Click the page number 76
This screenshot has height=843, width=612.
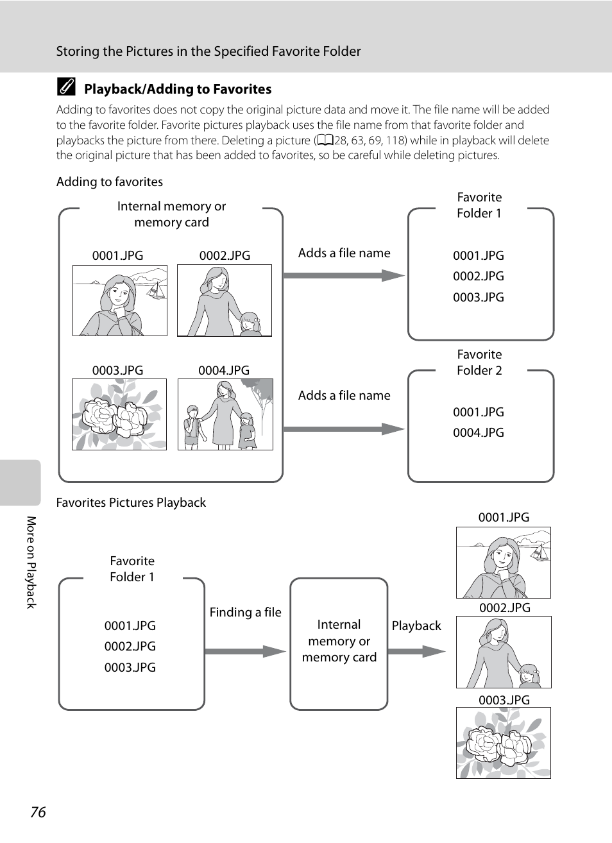pos(38,812)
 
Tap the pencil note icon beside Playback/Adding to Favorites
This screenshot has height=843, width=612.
pos(65,87)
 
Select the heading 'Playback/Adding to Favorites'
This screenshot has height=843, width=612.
pos(178,89)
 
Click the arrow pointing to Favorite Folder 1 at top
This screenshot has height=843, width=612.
pos(344,276)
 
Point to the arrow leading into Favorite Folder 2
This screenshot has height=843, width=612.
pos(344,429)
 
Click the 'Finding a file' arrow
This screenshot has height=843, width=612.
pos(245,652)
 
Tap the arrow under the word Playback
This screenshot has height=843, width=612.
pos(416,652)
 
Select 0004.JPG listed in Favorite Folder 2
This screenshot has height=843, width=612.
pos(479,433)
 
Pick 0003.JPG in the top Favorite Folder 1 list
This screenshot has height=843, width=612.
pos(479,297)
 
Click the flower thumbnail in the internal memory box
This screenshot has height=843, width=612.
pos(119,414)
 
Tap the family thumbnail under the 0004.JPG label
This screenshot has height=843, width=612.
pos(225,414)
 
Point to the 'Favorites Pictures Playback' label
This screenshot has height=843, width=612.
pos(131,503)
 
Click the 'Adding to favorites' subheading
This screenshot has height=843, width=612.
pos(110,182)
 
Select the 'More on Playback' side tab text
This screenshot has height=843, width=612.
pos(31,562)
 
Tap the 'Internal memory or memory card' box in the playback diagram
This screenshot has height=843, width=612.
pos(339,642)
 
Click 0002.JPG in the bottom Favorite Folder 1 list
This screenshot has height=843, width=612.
pos(130,647)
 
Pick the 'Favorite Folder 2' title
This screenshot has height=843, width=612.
pos(479,362)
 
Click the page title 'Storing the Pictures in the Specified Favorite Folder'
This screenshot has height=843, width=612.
pos(208,51)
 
